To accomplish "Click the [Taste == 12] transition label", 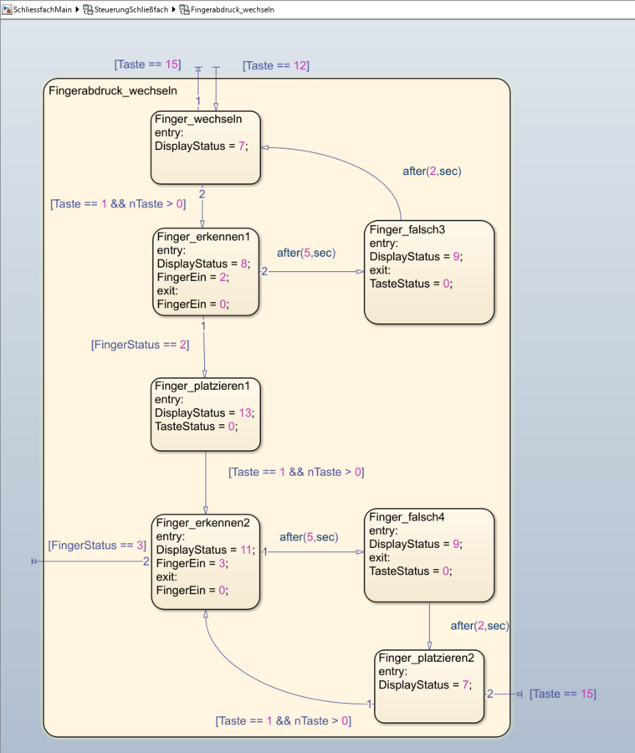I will point(276,66).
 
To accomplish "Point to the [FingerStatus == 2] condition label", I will point(141,344).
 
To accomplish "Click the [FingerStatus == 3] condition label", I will point(97,546).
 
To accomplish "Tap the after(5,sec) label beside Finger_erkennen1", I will point(306,252).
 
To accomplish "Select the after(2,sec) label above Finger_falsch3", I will point(432,171).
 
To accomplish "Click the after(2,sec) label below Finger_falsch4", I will point(479,625).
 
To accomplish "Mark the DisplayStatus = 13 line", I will point(205,412).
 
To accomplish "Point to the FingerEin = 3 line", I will point(192,563).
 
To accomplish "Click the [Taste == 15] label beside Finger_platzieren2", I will point(563,694).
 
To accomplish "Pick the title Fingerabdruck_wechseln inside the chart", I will point(113,90).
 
